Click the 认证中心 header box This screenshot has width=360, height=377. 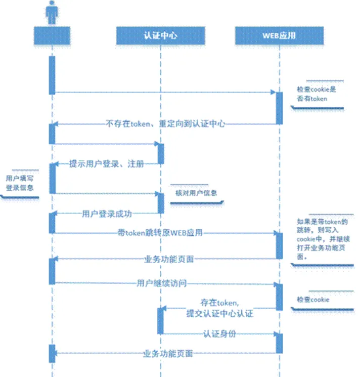point(160,35)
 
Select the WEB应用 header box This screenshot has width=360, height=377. point(279,35)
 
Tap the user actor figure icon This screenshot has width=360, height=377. point(52,12)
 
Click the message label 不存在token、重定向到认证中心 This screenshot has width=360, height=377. point(165,123)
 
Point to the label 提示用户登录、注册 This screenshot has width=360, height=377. point(106,164)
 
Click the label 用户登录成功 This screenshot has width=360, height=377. point(107,214)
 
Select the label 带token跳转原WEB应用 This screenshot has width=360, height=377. point(160,233)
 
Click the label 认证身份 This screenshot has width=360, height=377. point(220,334)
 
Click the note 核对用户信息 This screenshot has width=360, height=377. point(196,193)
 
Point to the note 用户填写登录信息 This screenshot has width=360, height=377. point(20,183)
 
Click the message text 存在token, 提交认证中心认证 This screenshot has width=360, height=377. point(219,308)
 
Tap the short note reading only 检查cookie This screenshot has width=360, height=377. point(313,300)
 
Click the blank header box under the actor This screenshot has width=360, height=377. point(52,35)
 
